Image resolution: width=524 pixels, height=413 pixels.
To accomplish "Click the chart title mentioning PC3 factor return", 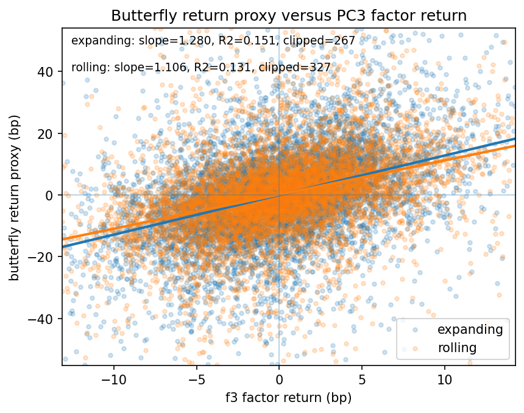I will (288, 16).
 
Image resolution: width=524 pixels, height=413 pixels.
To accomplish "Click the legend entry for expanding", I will (473, 330).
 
